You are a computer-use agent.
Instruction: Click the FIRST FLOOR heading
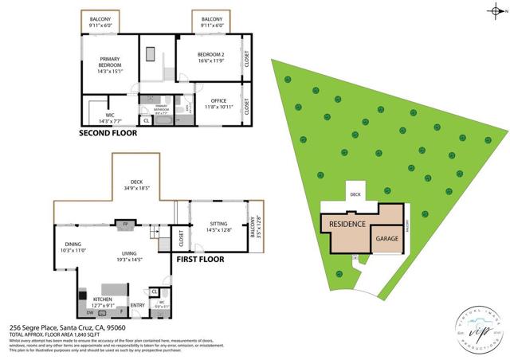(x=199, y=259)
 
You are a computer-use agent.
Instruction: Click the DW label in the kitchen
(x=90, y=313)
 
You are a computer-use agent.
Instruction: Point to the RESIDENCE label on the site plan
(x=347, y=225)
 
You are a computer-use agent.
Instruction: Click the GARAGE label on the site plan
(x=388, y=238)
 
